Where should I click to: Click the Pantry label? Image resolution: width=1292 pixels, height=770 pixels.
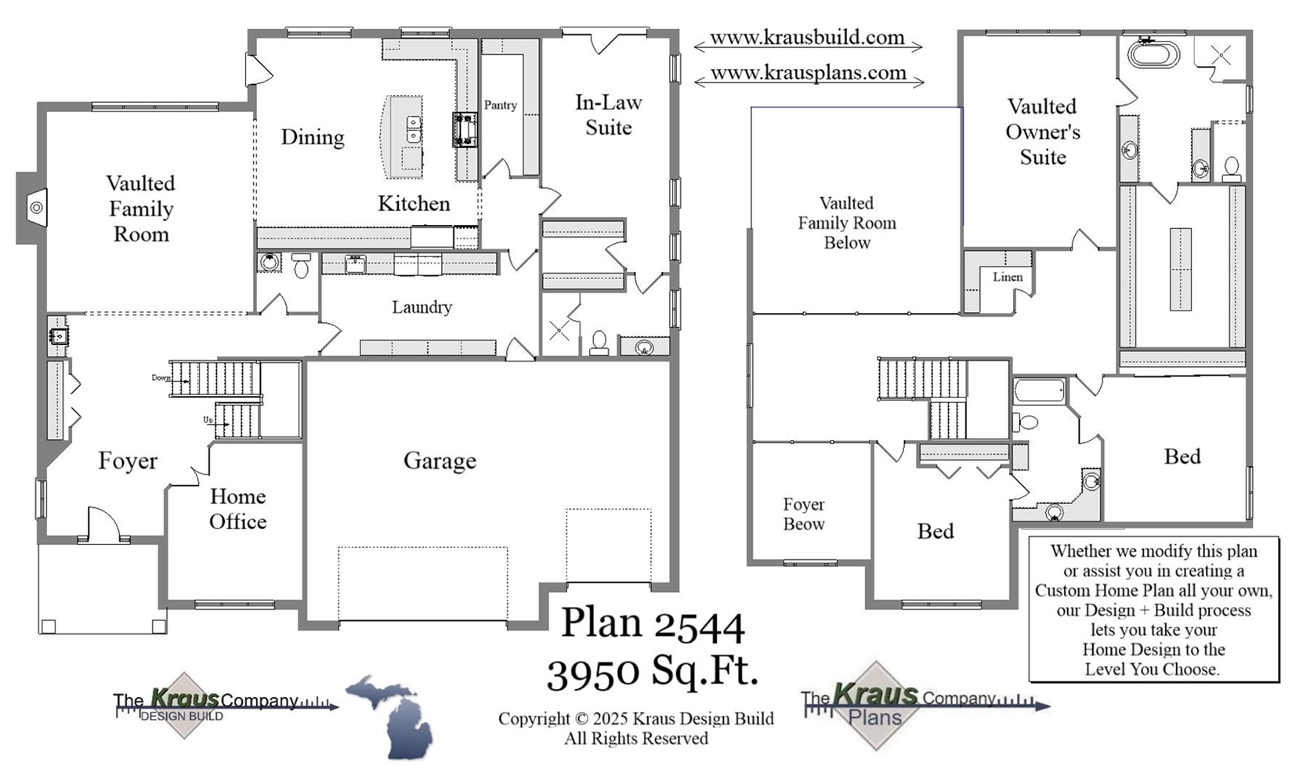point(500,105)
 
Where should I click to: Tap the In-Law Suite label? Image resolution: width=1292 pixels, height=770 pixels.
point(608,114)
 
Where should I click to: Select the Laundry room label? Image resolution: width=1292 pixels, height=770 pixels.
point(422,307)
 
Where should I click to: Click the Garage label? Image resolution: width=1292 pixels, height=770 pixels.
point(440,461)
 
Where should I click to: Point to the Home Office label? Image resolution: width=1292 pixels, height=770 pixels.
point(237,509)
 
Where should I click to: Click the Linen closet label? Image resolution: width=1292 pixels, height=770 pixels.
point(1007,277)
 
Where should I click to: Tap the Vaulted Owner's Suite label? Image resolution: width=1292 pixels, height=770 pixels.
point(1042,132)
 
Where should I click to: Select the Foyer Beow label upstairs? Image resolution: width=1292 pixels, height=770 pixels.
point(803,514)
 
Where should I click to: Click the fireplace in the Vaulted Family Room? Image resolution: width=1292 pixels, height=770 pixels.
point(36,208)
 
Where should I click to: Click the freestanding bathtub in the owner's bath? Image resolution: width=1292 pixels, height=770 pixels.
point(1153,55)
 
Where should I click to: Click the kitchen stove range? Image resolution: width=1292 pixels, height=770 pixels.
point(465,129)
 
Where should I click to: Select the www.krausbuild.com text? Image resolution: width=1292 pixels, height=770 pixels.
point(807,38)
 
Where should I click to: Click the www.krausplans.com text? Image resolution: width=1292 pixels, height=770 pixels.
point(808,73)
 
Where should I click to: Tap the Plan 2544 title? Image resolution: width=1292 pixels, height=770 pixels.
point(652,624)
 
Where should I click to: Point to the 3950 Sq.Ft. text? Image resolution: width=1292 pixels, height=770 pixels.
point(652,671)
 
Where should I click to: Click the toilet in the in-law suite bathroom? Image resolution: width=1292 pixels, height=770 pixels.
point(599,342)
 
